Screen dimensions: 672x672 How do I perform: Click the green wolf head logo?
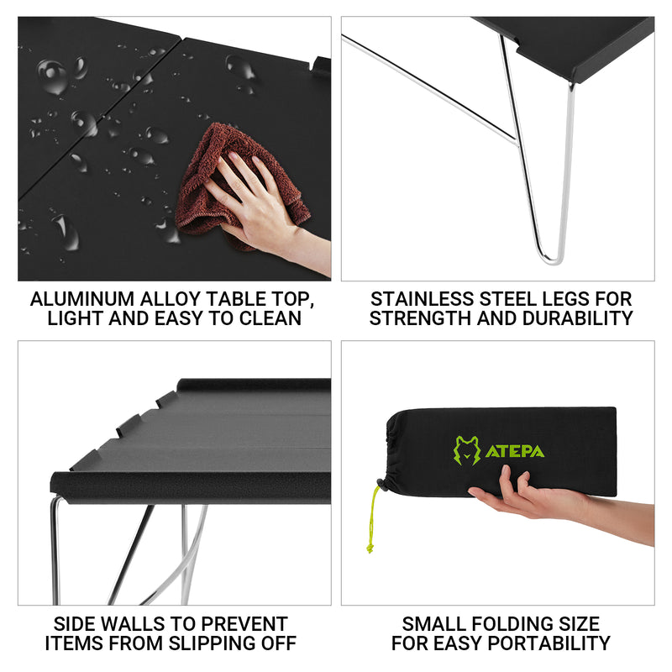[x=467, y=451]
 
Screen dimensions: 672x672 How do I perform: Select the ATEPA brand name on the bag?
[x=514, y=452]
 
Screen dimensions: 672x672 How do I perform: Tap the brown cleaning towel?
[x=210, y=176]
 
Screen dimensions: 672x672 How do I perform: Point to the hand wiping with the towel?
[x=252, y=202]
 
